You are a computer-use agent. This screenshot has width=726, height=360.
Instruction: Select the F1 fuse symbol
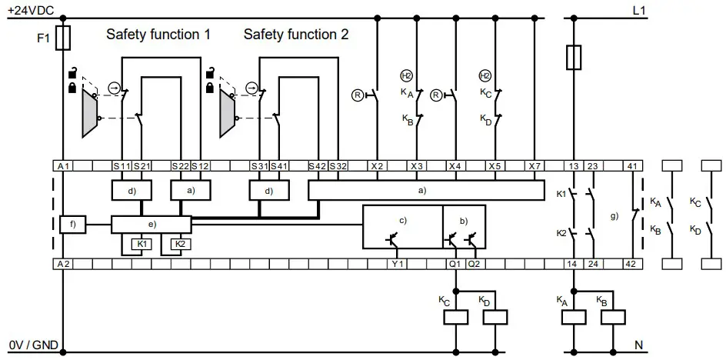[65, 36]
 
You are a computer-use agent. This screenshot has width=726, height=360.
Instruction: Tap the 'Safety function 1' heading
[158, 35]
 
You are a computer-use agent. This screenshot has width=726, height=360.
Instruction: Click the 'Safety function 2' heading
[296, 35]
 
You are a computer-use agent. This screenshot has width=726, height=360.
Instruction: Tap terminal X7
[535, 166]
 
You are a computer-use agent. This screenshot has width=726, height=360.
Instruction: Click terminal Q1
[455, 263]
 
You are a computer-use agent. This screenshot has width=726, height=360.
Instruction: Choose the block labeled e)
[151, 225]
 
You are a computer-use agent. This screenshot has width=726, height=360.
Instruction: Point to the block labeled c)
[401, 227]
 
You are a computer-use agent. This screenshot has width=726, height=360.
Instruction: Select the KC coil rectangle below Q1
[458, 317]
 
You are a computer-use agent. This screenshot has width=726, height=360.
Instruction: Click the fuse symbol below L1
[573, 56]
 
